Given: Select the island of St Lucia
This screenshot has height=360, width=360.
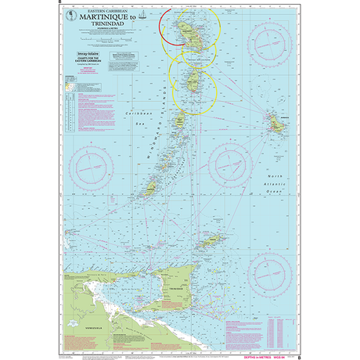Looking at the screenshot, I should point(193,77).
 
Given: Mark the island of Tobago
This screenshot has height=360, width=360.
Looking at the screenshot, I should point(211,243).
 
